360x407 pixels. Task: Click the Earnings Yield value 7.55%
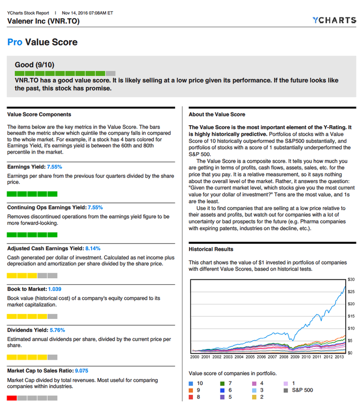tap(54, 167)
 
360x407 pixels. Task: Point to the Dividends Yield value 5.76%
tap(55, 330)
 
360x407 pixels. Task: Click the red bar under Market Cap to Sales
tap(12, 398)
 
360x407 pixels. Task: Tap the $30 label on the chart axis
tap(350, 280)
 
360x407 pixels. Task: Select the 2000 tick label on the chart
tap(195, 357)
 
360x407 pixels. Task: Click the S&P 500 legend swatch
tap(286, 390)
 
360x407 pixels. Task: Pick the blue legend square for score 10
tap(191, 383)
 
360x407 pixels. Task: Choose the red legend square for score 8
tap(191, 397)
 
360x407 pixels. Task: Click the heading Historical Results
tap(211, 249)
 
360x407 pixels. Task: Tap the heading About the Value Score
tap(217, 114)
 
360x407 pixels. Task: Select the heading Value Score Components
tap(39, 114)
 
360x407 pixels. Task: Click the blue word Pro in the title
tap(15, 42)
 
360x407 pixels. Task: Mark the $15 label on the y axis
tap(350, 316)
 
